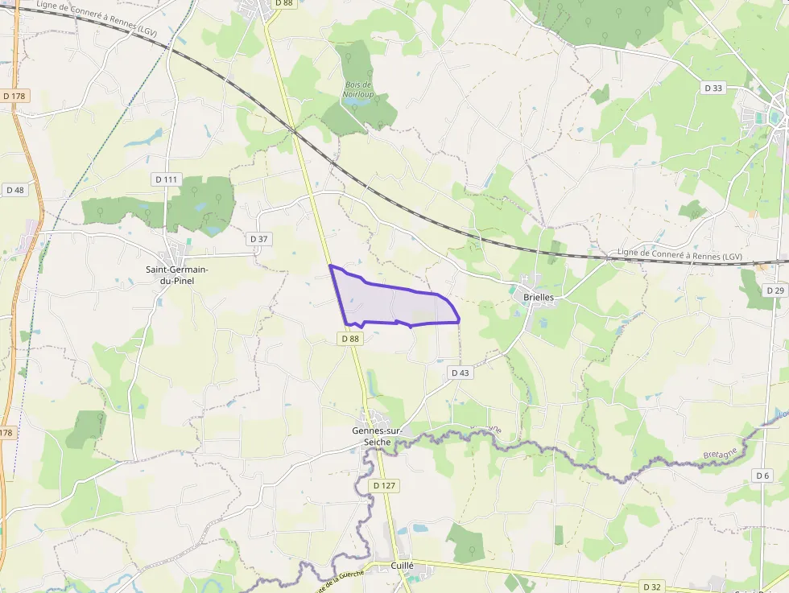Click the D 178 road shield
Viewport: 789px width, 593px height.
click(x=15, y=96)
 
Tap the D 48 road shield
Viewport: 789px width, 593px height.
click(x=15, y=191)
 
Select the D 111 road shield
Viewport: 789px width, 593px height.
click(x=167, y=179)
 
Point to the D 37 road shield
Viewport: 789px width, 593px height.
click(x=258, y=239)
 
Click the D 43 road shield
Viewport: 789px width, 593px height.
click(x=460, y=373)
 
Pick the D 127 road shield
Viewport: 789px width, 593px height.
click(x=386, y=486)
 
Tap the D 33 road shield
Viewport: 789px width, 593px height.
click(x=713, y=88)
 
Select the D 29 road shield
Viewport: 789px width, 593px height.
click(x=775, y=290)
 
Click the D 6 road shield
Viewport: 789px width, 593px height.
click(x=763, y=476)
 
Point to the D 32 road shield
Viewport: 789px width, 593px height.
click(x=652, y=587)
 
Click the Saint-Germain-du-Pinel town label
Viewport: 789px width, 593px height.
click(x=176, y=274)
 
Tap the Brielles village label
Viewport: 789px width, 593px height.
click(x=539, y=297)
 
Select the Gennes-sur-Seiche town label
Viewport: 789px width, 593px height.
click(x=378, y=435)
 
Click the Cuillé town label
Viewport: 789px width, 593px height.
click(x=402, y=566)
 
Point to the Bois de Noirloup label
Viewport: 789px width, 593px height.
click(x=357, y=89)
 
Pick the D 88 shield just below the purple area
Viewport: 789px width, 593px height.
click(x=350, y=339)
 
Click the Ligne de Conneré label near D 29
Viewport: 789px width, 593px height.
click(x=680, y=254)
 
